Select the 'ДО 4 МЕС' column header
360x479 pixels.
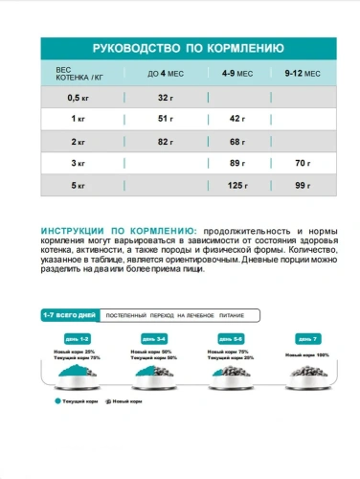(x=165, y=74)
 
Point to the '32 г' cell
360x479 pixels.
(x=165, y=97)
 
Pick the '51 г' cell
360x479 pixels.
(x=165, y=118)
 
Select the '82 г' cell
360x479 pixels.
(x=165, y=141)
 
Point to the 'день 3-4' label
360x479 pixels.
(x=154, y=338)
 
